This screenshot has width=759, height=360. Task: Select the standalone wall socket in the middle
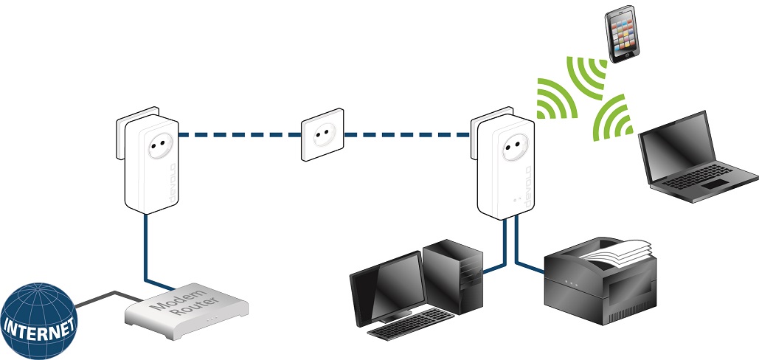coord(321,136)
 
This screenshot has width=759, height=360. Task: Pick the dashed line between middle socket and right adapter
coord(406,135)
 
